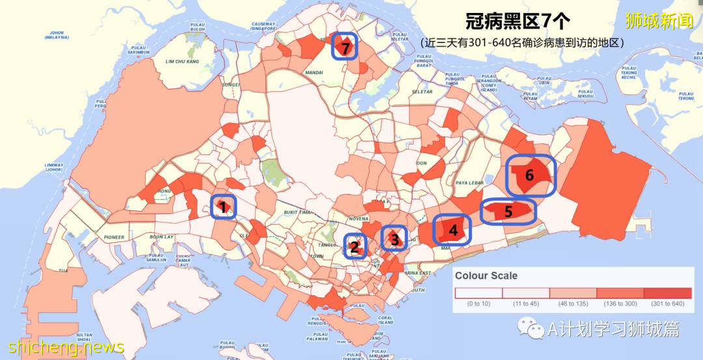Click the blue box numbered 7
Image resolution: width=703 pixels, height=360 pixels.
coord(345,46)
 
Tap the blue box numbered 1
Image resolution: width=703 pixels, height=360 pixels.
coord(223,207)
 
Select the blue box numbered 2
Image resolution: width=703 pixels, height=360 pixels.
coord(355,246)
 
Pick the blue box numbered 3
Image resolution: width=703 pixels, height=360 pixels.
coord(394,239)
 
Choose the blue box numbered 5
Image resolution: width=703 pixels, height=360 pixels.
coord(508,212)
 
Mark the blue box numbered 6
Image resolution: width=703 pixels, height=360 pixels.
coord(531,176)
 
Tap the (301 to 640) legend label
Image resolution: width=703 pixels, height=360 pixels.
coord(667,304)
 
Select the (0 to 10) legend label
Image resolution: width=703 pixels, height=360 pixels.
coord(479,304)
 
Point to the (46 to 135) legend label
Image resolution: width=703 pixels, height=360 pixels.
coord(573,304)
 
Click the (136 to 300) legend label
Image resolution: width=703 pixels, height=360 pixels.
coord(620,304)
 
